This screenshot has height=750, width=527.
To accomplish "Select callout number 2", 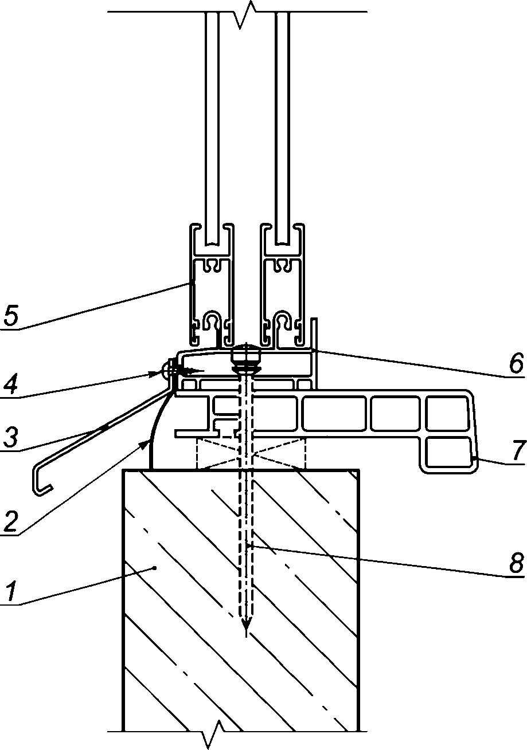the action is tap(10, 521).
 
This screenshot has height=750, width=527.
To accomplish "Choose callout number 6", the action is tap(516, 363).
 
